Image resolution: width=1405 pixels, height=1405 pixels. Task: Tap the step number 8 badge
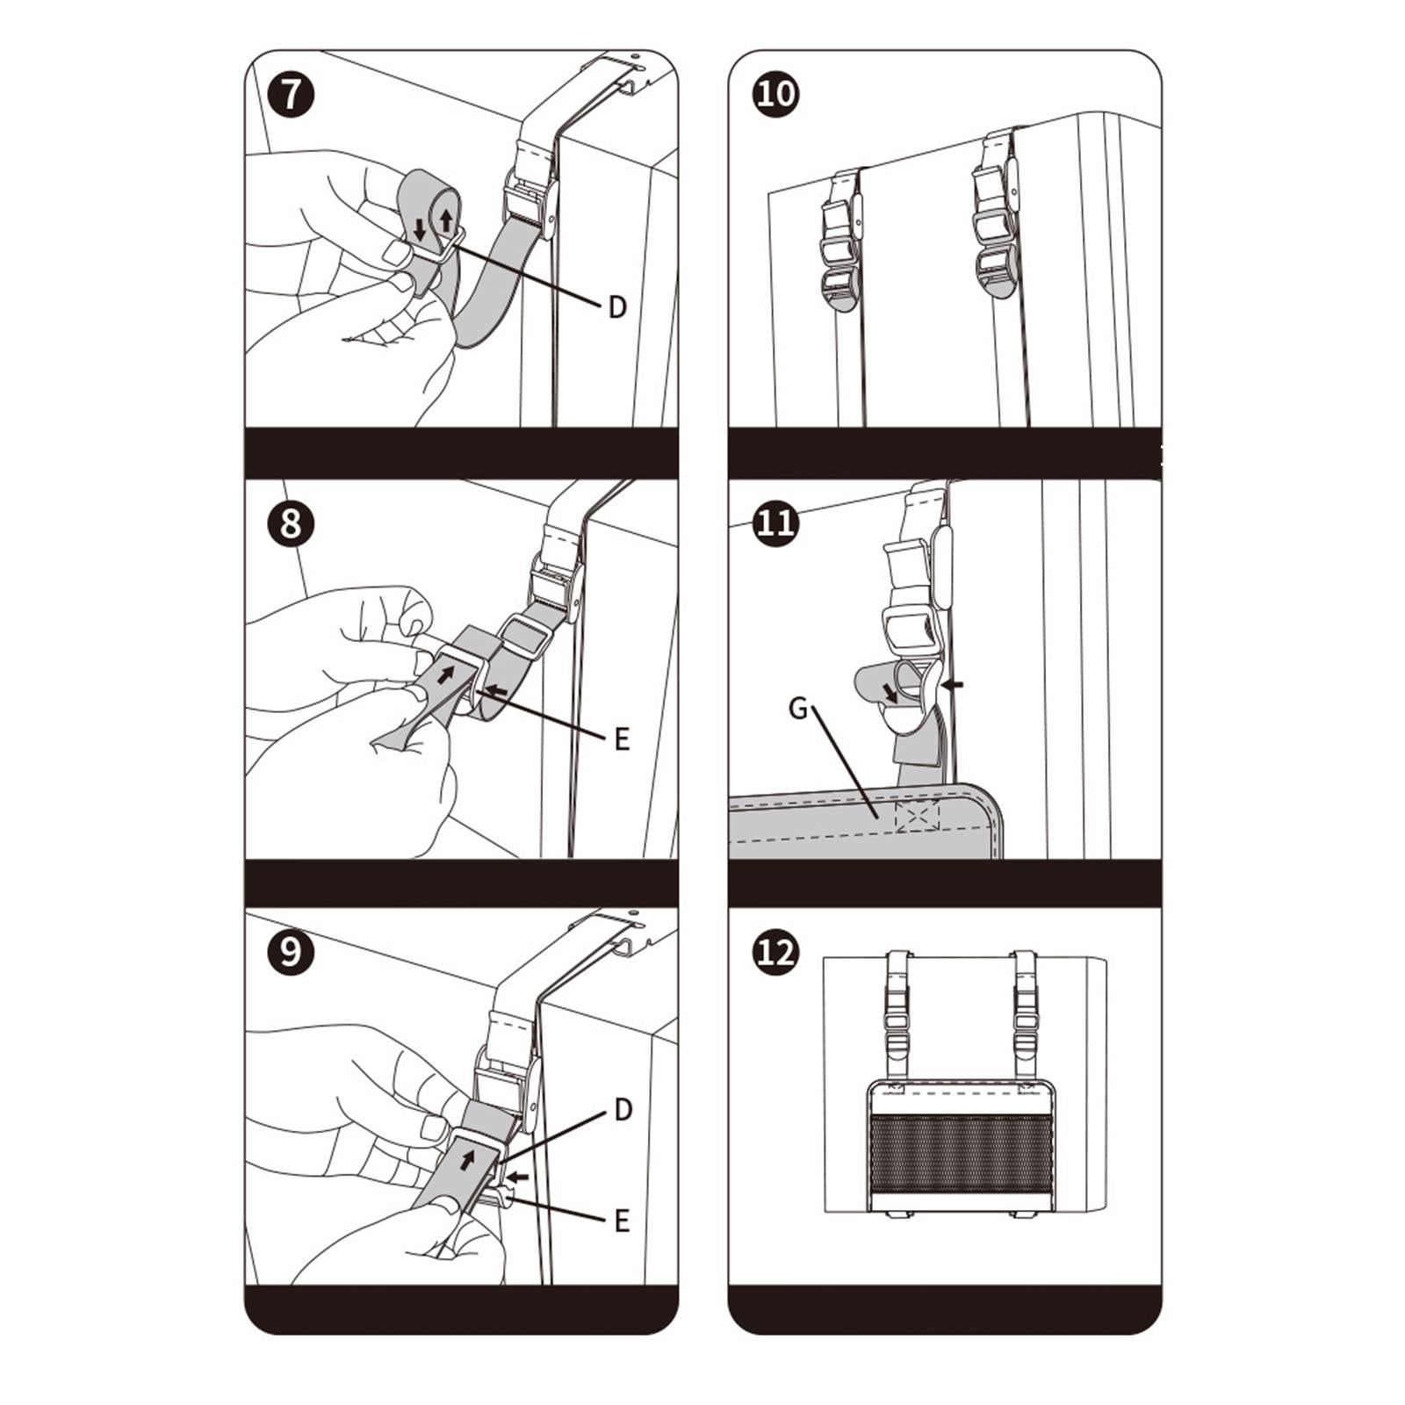click(x=291, y=523)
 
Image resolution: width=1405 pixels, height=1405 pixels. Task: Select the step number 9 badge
click(x=291, y=952)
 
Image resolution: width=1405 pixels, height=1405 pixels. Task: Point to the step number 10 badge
click(x=776, y=94)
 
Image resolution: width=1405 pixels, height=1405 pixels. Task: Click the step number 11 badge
click(x=776, y=523)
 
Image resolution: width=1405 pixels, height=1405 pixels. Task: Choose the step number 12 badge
click(x=776, y=952)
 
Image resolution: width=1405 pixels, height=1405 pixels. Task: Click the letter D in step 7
click(x=617, y=307)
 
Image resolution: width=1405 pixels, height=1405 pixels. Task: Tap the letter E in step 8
click(x=622, y=739)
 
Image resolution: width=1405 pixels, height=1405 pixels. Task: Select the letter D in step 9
click(x=623, y=1110)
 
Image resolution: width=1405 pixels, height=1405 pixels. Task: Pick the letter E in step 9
click(x=622, y=1221)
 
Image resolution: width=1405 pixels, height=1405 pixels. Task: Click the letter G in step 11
click(x=798, y=708)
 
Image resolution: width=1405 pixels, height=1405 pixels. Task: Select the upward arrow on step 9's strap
click(x=467, y=1159)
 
